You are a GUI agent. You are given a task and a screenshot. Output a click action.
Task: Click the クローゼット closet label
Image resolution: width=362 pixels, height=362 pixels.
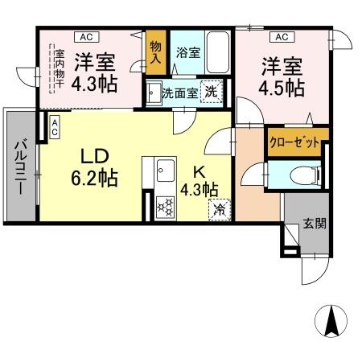(298, 142)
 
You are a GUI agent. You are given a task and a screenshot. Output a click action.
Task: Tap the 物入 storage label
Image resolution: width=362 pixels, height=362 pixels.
(155, 52)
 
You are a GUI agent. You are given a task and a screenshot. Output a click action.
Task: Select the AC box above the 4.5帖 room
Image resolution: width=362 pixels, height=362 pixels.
(281, 37)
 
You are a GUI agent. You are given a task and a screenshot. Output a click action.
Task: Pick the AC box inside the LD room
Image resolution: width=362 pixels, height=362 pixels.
(54, 126)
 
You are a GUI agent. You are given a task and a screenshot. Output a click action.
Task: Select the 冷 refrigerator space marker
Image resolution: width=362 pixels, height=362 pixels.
(218, 210)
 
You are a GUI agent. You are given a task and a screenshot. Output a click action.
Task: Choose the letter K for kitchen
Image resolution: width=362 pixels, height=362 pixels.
(198, 171)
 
